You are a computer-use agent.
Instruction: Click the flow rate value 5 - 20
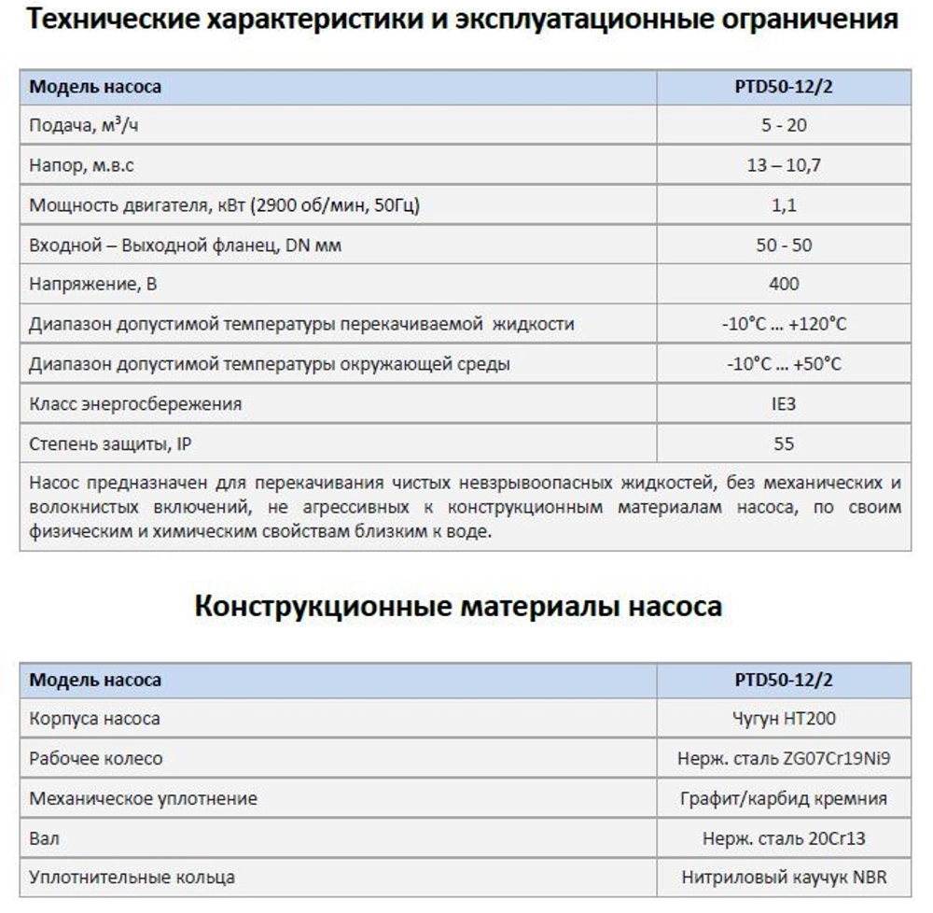click(x=784, y=126)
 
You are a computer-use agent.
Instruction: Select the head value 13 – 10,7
click(x=784, y=165)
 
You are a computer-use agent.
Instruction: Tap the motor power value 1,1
click(x=784, y=205)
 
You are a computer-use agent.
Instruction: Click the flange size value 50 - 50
click(x=784, y=245)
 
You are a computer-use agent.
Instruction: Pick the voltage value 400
click(x=784, y=284)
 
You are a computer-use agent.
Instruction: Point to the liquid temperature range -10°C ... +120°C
click(x=784, y=324)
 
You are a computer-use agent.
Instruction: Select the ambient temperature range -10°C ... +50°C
click(x=784, y=364)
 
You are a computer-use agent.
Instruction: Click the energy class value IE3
click(x=784, y=404)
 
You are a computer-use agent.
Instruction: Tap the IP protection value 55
click(x=784, y=444)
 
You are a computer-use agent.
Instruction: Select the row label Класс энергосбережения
click(x=135, y=404)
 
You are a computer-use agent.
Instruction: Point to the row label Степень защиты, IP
click(x=110, y=444)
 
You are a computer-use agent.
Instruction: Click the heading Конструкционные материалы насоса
click(x=457, y=606)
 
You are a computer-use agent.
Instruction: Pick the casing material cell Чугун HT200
click(x=784, y=719)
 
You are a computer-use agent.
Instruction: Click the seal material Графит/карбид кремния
click(x=784, y=799)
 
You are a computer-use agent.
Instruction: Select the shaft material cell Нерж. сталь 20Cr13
click(x=784, y=838)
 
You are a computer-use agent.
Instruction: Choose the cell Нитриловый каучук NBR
click(x=784, y=878)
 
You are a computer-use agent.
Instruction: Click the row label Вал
click(x=44, y=838)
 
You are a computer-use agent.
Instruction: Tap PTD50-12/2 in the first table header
click(x=784, y=87)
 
